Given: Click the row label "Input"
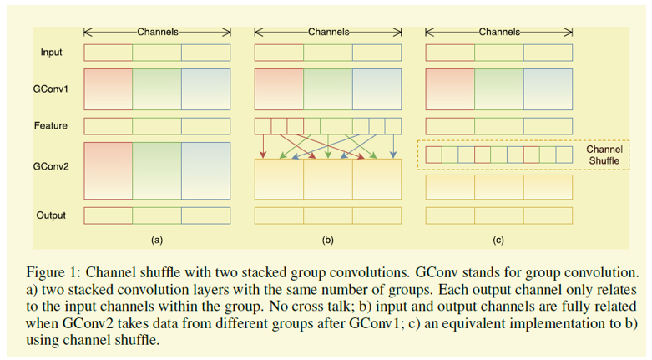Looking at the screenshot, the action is [x=51, y=53].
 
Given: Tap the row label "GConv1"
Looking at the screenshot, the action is [x=51, y=89].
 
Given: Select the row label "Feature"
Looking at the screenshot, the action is [x=51, y=125].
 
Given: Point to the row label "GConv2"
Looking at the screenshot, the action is [x=51, y=166].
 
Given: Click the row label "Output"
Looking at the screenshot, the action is [x=51, y=215].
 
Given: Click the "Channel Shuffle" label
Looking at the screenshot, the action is [x=604, y=155].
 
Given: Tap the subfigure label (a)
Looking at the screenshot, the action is [x=157, y=240].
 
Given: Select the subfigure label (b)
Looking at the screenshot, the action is [x=327, y=240].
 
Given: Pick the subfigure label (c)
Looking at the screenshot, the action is [x=498, y=240].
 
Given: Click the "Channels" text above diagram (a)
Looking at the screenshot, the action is [x=158, y=32].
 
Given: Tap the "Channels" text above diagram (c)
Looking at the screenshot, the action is [x=499, y=32].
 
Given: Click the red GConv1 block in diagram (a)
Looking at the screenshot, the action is [x=109, y=89].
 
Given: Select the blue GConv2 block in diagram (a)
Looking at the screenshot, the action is [x=206, y=170].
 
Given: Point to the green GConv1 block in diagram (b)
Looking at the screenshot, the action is [x=328, y=89].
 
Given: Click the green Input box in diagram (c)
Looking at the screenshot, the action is [x=499, y=53].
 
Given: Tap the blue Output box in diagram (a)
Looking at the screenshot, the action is [x=206, y=215].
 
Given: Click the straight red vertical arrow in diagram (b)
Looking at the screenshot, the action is [x=263, y=146].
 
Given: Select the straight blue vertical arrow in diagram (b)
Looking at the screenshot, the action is [x=393, y=146].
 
